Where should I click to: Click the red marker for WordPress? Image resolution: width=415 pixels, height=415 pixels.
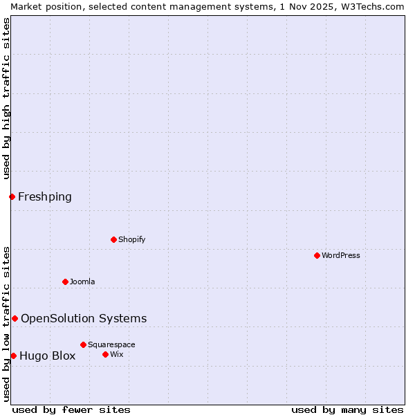pos(317,255)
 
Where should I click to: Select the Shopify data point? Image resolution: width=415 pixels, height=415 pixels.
pos(113,239)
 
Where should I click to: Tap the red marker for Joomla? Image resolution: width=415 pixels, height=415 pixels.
pos(65,282)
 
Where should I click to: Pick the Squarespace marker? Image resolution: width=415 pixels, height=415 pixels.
pos(83,344)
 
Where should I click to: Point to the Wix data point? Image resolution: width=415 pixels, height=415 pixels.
pos(105,354)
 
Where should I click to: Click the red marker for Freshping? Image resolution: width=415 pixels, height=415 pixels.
pos(12,196)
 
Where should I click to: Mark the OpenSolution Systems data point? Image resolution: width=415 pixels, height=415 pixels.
pos(15,318)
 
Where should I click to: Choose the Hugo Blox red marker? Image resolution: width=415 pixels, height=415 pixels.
pos(13,356)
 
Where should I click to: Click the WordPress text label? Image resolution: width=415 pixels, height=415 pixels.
pos(340,255)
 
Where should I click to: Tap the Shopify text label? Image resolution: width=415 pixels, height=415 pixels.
pos(131,239)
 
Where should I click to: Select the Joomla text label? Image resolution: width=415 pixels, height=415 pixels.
pos(82,282)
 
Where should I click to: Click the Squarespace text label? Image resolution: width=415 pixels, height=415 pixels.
pos(111,344)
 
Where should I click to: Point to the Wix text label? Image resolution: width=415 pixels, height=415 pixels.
pos(117,354)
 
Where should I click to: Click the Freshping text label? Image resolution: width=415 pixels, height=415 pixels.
pos(45,197)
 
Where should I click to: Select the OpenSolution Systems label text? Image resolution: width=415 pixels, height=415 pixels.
pos(84,319)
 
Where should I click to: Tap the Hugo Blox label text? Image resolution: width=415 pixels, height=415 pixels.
pos(48,356)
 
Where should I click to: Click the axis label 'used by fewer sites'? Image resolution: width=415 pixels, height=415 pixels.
pos(71,409)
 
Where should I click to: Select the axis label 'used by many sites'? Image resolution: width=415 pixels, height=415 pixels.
pos(347,409)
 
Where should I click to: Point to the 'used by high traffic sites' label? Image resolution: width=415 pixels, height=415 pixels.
pos(6,98)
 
